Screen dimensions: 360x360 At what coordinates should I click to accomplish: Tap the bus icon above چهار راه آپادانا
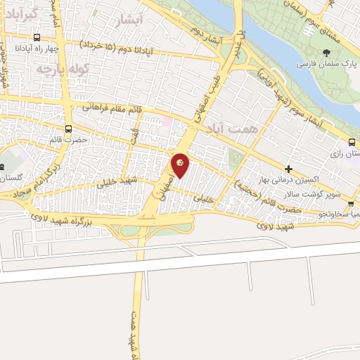37,39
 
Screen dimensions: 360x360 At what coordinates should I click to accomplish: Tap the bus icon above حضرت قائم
68,129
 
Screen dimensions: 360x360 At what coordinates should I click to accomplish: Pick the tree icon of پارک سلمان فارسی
326,53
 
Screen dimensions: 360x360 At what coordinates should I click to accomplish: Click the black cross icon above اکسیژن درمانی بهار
289,169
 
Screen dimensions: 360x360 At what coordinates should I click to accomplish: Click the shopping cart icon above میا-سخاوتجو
350,204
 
